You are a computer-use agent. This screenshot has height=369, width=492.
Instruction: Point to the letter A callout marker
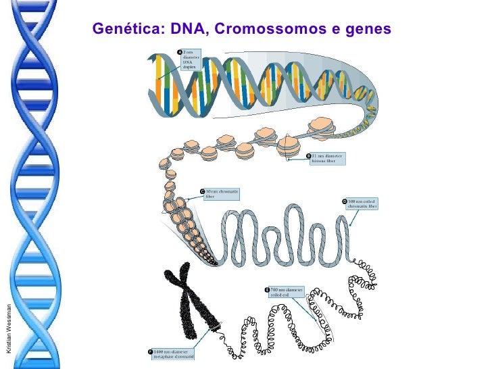(x=180, y=52)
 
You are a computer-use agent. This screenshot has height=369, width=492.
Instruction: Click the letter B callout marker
(x=309, y=156)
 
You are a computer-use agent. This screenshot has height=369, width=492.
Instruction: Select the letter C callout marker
(x=202, y=193)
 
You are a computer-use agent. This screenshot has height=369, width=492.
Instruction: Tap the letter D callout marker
(x=344, y=202)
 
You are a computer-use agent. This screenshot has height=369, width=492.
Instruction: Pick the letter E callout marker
(x=267, y=290)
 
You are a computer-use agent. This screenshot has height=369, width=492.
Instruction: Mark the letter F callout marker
(x=150, y=352)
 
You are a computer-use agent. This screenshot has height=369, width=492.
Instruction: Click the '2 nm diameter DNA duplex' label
(x=191, y=60)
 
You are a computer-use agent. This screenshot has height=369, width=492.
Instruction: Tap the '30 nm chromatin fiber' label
(x=222, y=195)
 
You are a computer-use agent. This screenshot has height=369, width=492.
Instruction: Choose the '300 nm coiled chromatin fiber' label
(x=362, y=204)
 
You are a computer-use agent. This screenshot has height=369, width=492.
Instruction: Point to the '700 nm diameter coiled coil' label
(x=287, y=293)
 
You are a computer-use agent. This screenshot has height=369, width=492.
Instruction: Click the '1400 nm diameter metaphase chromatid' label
(x=174, y=355)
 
